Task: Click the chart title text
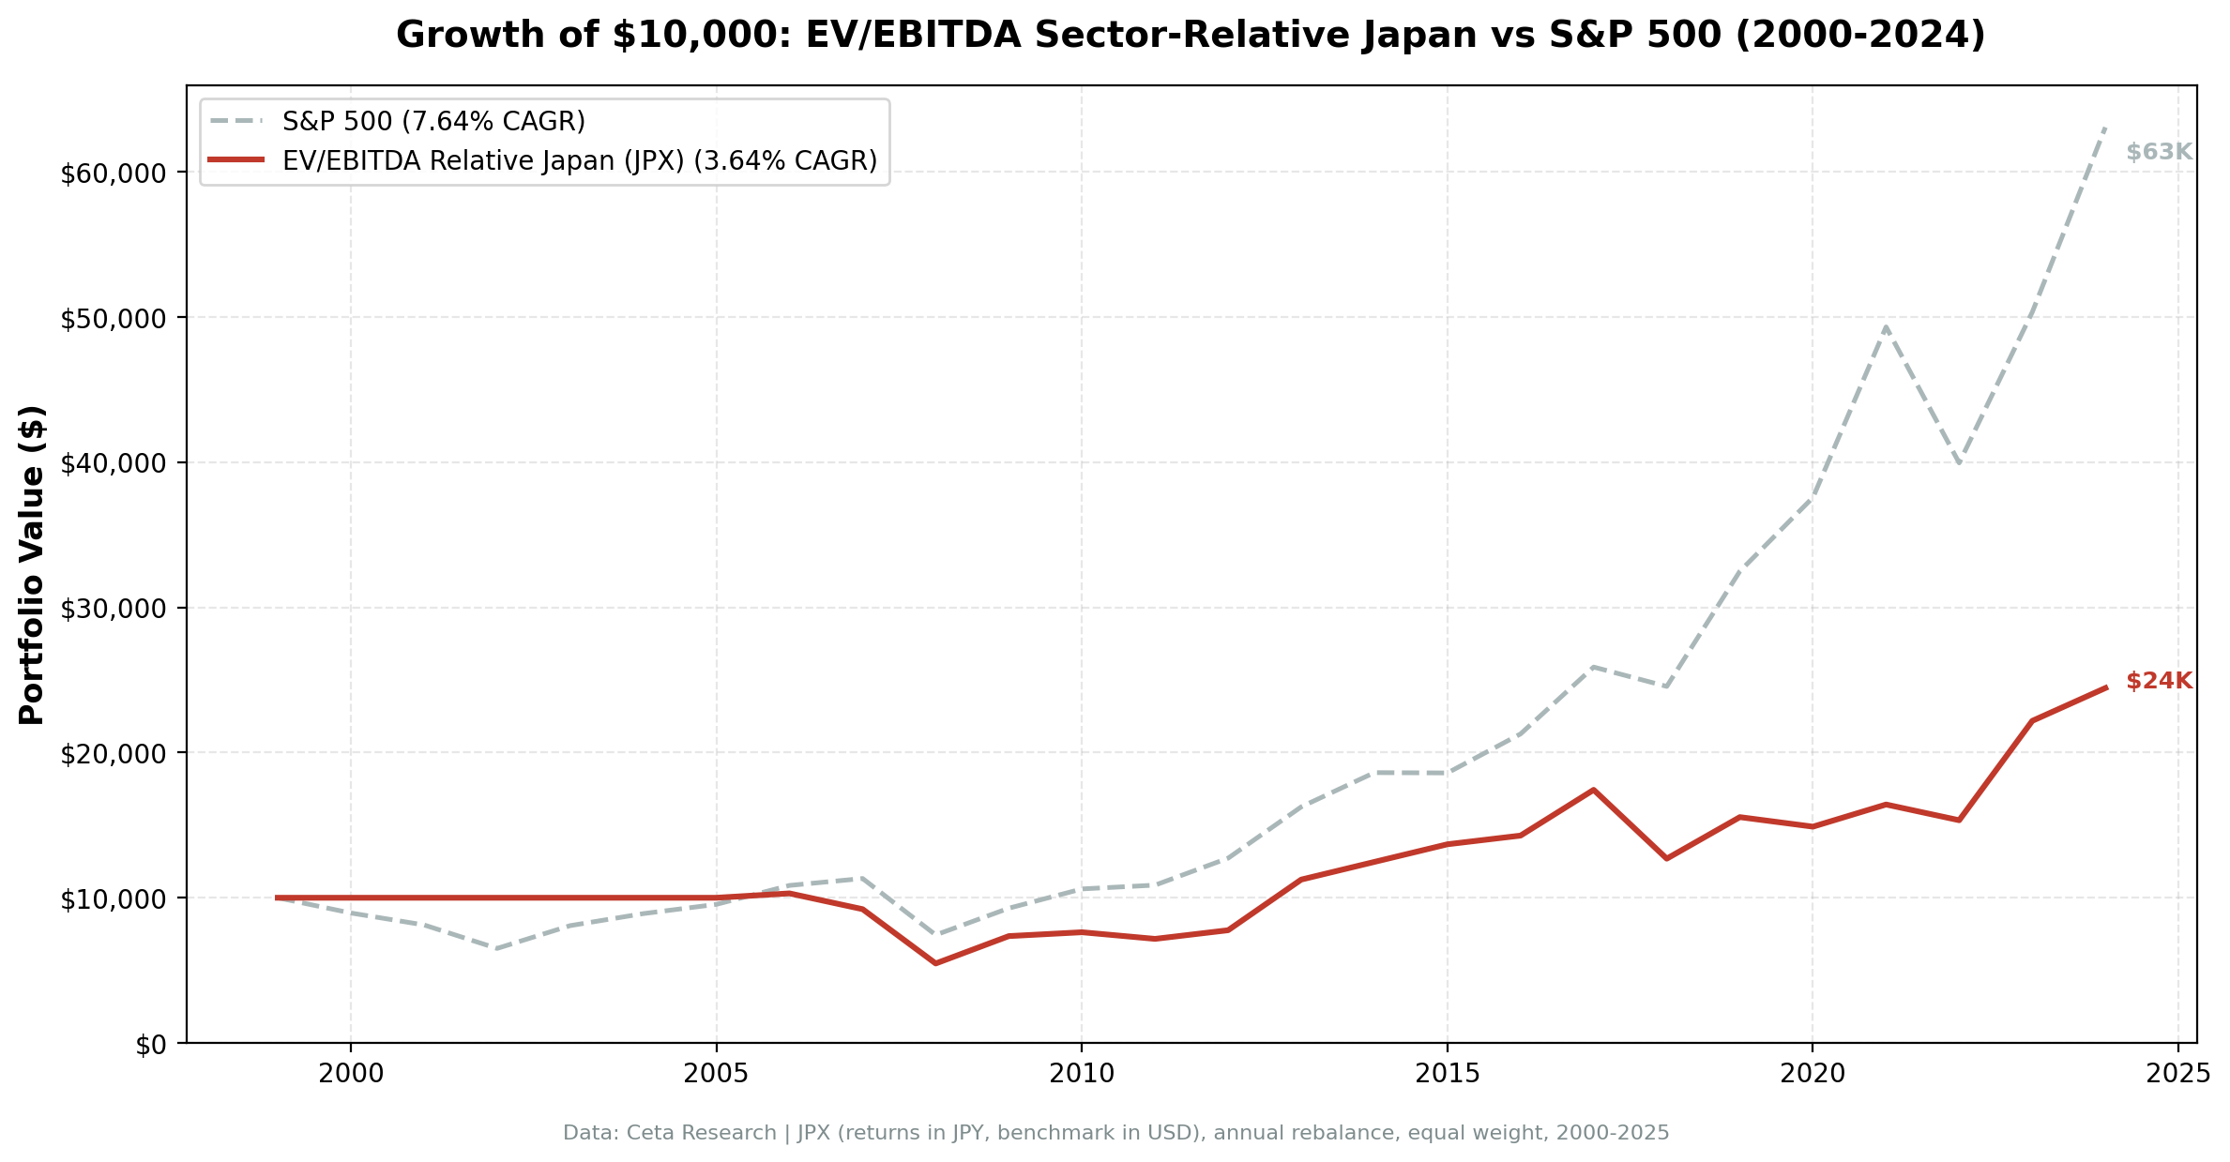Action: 1191,36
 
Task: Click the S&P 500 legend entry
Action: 433,121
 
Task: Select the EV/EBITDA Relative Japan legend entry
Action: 579,161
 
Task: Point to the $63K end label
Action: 2159,152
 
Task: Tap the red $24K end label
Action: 2159,681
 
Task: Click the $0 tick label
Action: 151,1045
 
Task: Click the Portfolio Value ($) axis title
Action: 32,565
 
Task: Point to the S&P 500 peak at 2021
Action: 1885,326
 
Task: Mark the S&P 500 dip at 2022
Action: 1958,463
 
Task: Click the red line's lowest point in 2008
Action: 935,963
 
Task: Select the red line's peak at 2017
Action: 1593,790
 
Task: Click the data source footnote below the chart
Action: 1115,1133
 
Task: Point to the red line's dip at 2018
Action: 1666,858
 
